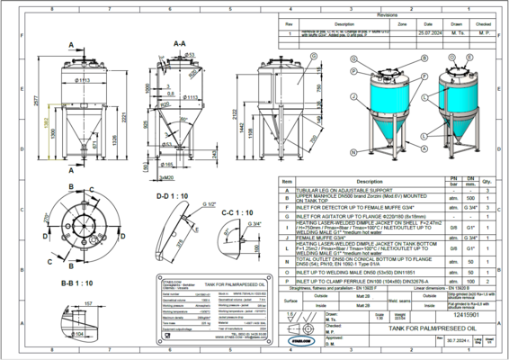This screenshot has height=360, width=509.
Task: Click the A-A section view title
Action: tap(179, 42)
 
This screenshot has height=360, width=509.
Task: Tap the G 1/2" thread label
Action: tap(211, 204)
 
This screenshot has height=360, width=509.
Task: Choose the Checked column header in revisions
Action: tap(484, 23)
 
